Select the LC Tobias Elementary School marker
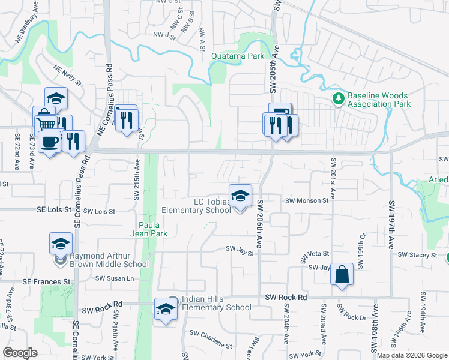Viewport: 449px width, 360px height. point(240,197)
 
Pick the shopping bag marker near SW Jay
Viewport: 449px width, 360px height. point(342,275)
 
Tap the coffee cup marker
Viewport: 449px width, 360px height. point(49,143)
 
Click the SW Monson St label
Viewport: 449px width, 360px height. point(307,201)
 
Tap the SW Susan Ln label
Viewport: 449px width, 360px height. point(114,278)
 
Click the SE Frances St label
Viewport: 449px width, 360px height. point(46,281)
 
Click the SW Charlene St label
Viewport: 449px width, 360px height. point(211,340)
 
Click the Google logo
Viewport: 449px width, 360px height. point(20,353)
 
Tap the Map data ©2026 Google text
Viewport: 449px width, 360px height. point(412,355)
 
